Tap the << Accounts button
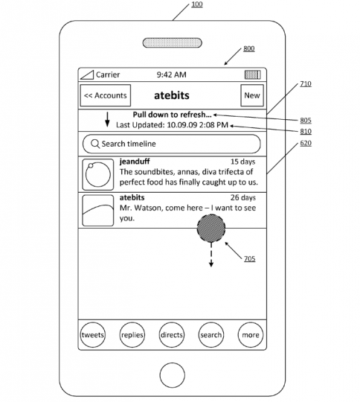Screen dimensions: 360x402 point(106,95)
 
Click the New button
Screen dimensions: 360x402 point(252,95)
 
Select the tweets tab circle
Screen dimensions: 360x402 point(93,335)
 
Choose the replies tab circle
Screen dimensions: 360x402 point(132,335)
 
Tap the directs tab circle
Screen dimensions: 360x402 point(172,335)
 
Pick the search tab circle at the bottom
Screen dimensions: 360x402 point(211,335)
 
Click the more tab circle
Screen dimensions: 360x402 point(251,335)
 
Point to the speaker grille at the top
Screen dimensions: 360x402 point(172,43)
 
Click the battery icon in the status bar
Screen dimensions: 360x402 point(253,74)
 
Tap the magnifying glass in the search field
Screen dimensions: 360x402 point(95,144)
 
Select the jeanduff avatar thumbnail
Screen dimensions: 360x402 point(98,174)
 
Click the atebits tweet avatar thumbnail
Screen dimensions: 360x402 point(98,211)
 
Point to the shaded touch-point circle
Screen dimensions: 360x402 point(211,229)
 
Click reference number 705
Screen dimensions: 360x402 point(250,258)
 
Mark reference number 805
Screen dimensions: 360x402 point(306,121)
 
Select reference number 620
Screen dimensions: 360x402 point(306,143)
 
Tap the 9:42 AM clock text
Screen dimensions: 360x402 point(171,74)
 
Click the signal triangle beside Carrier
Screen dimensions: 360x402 point(87,75)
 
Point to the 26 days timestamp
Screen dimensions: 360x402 point(243,198)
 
